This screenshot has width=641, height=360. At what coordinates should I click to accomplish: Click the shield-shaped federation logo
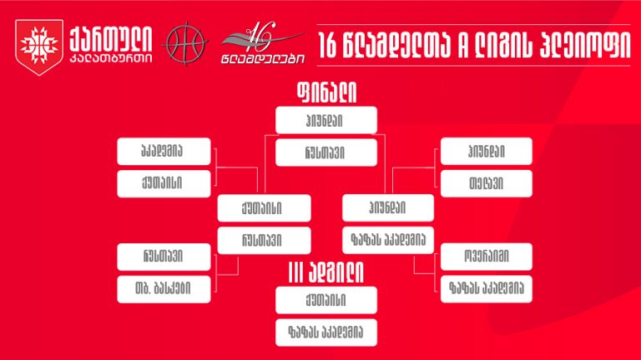[39, 47]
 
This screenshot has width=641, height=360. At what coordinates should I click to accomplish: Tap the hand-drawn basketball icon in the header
[185, 43]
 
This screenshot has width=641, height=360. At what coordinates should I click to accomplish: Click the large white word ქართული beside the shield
[111, 40]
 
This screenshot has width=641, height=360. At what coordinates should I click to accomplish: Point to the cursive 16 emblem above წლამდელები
[261, 37]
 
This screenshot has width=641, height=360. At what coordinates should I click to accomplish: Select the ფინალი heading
[326, 92]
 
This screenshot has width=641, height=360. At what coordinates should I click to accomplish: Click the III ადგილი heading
[326, 272]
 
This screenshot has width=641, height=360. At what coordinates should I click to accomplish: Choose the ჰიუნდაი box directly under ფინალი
[326, 120]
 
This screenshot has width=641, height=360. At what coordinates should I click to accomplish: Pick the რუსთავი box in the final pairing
[326, 152]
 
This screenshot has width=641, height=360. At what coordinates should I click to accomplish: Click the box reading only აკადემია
[164, 152]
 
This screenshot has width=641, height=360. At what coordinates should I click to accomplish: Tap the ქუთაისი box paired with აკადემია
[164, 183]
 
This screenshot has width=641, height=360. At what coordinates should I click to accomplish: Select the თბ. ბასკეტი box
[164, 289]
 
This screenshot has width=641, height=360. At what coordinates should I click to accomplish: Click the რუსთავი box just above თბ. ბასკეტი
[164, 257]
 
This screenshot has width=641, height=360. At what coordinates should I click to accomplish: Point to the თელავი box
[487, 183]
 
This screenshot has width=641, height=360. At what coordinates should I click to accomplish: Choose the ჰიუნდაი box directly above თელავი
[487, 152]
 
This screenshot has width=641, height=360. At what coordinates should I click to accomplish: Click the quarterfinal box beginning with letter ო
[487, 257]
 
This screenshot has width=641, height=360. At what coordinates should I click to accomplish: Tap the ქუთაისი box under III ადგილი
[326, 300]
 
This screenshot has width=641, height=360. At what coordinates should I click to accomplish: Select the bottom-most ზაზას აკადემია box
[326, 332]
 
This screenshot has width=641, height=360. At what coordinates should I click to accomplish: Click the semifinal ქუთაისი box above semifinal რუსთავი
[264, 208]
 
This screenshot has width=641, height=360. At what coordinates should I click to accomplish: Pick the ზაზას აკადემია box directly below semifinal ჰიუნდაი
[388, 240]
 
